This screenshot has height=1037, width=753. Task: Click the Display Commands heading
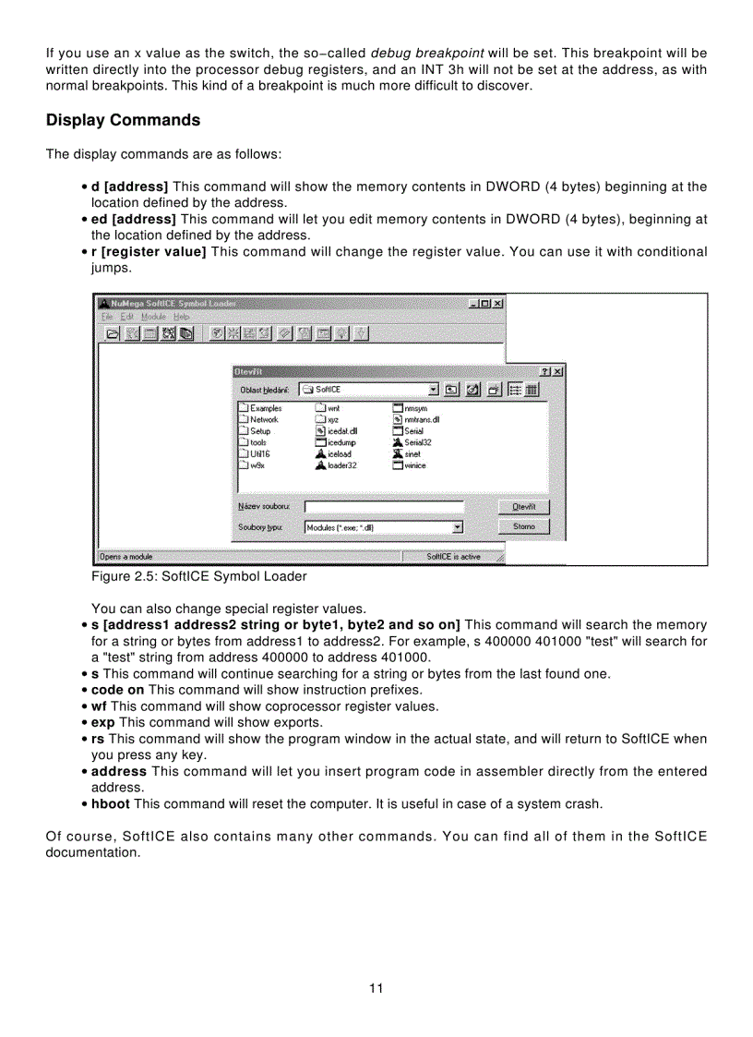(123, 121)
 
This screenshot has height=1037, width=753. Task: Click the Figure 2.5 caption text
(198, 576)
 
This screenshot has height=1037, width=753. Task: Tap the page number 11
(376, 988)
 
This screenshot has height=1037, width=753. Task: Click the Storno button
(523, 526)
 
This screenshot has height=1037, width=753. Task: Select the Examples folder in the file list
(265, 407)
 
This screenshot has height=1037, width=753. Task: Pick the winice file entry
(415, 465)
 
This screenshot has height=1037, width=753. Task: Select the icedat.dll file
(341, 430)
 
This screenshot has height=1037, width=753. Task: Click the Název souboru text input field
(384, 507)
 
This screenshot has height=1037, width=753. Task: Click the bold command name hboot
(111, 804)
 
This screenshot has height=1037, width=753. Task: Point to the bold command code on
(117, 690)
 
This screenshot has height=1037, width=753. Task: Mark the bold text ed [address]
(134, 219)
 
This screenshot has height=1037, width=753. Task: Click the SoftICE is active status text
(453, 557)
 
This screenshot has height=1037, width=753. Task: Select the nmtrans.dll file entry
(421, 419)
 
